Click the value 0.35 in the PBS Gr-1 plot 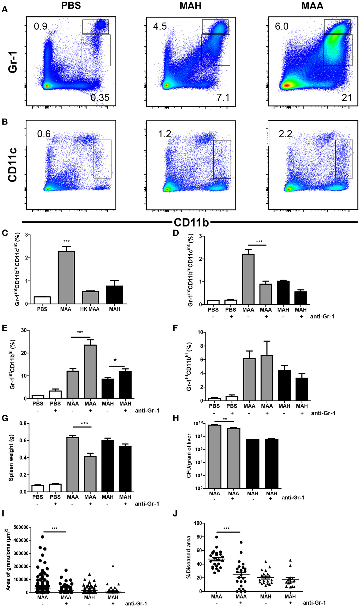pos(100,97)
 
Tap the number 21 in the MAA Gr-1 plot pos(346,98)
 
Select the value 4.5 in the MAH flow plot pos(160,26)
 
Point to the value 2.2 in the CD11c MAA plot pos(285,134)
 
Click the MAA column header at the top pos(312,6)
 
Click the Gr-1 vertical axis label pos(13,62)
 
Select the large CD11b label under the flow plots pos(191,223)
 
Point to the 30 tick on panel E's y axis pos(24,330)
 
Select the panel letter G pos(5,418)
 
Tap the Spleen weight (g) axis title pos(11,458)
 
